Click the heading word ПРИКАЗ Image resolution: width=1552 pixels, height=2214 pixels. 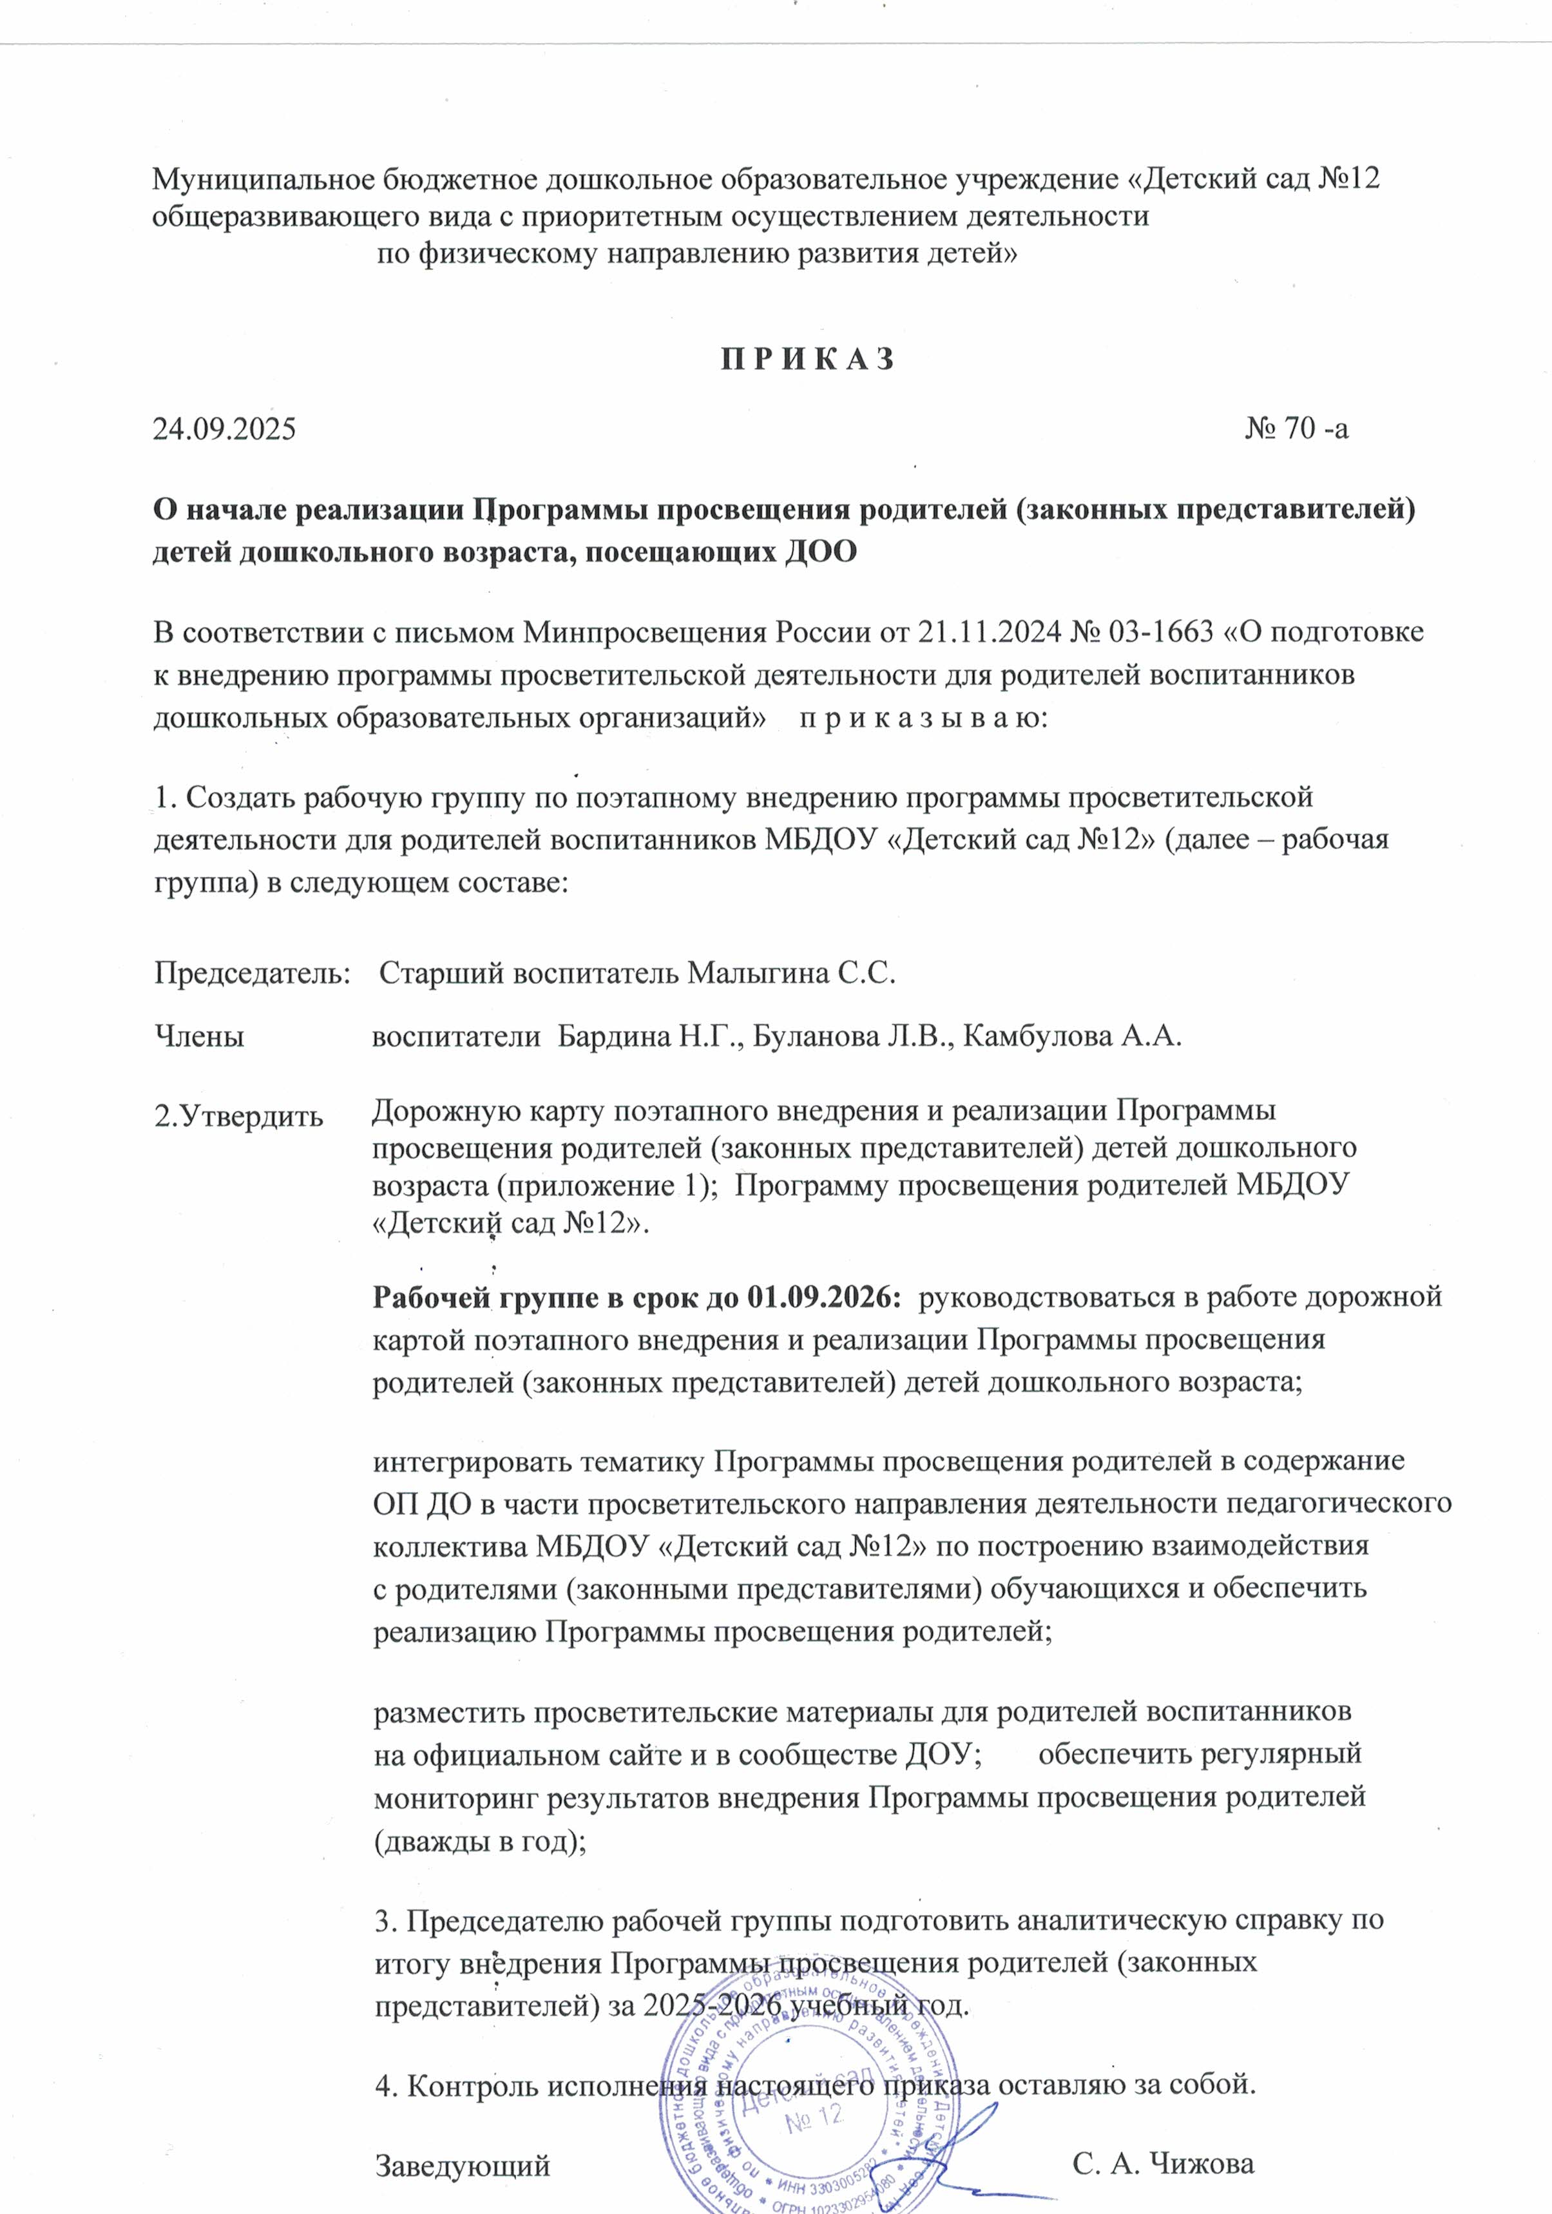tap(808, 360)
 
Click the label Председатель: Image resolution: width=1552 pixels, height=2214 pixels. tap(253, 973)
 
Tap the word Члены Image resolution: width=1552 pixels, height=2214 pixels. tap(198, 1037)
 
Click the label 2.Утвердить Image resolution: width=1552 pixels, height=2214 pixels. tap(238, 1117)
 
